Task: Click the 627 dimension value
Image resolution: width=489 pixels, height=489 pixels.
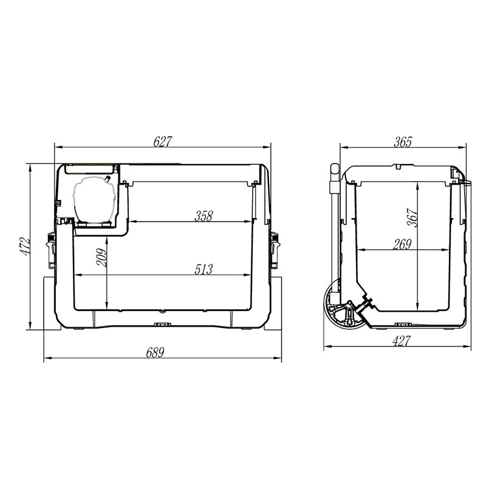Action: pyautogui.click(x=162, y=142)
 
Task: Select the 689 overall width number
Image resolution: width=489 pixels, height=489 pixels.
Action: pyautogui.click(x=155, y=353)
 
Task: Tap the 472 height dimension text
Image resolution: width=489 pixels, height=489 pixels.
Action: pyautogui.click(x=25, y=247)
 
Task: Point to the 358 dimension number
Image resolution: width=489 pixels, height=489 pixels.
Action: pyautogui.click(x=203, y=216)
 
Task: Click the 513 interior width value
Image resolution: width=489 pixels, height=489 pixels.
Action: pyautogui.click(x=203, y=270)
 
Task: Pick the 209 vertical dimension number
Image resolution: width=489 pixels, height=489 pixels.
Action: pyautogui.click(x=101, y=258)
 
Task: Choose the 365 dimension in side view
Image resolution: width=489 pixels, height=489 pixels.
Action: pyautogui.click(x=403, y=142)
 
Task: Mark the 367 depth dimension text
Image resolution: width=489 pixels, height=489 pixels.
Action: pyautogui.click(x=412, y=217)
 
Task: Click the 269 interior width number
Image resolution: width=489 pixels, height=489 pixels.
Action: pyautogui.click(x=402, y=244)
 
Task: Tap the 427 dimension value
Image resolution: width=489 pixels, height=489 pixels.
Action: pyautogui.click(x=401, y=341)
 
